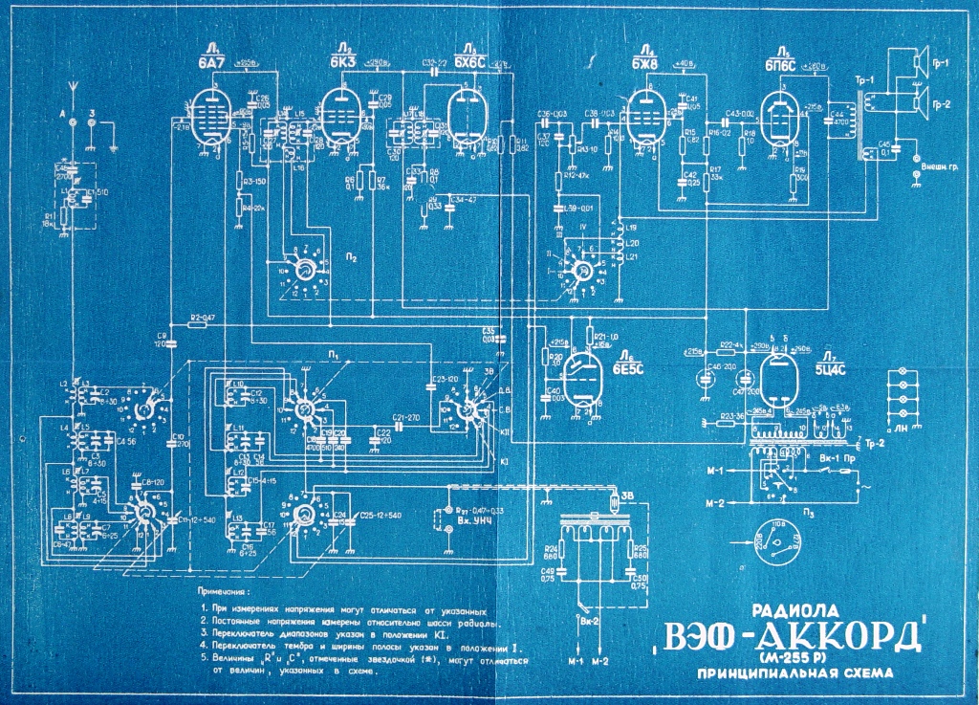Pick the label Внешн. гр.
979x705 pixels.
(940, 168)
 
